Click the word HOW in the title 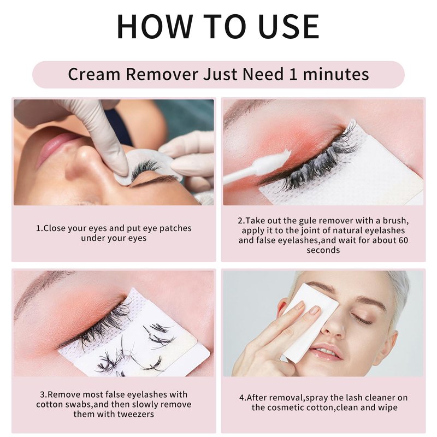(x=155, y=26)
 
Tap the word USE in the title (x=289, y=26)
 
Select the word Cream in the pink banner (x=95, y=74)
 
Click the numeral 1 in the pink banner (x=293, y=74)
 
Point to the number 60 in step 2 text (x=403, y=240)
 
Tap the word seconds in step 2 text (x=323, y=250)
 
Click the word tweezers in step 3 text (x=135, y=414)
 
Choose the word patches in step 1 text (x=175, y=228)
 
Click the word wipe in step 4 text (x=388, y=408)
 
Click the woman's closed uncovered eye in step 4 (x=362, y=318)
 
